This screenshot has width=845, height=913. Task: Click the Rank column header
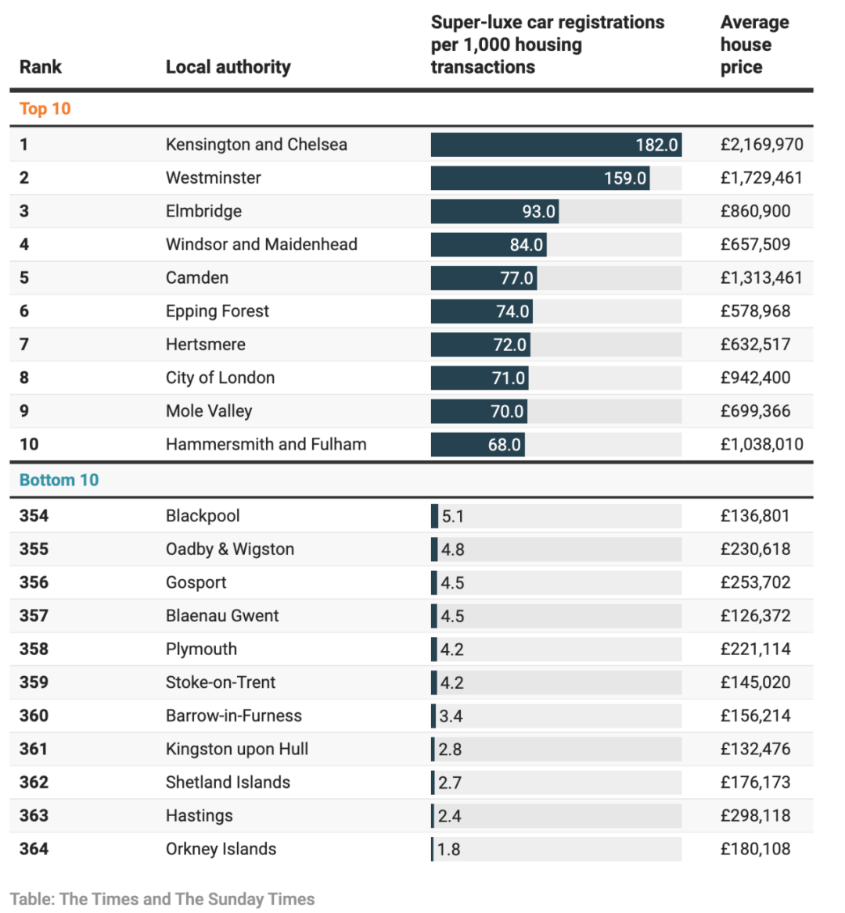40,67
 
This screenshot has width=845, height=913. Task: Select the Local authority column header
228,67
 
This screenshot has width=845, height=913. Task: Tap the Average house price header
755,45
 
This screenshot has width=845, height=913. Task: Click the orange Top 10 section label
45,109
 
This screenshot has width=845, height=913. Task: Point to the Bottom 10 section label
59,480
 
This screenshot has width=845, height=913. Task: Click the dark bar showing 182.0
556,145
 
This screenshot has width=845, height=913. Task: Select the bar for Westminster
540,177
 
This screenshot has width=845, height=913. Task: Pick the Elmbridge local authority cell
203,211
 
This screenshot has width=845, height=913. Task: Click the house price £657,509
755,244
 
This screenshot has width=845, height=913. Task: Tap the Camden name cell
197,277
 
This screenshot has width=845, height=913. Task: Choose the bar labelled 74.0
482,311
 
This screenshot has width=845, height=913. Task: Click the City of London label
221,378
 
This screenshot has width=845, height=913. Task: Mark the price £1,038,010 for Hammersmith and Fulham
761,444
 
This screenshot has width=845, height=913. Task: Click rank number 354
34,516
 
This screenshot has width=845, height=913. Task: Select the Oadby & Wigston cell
230,549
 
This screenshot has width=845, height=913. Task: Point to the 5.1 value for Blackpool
453,517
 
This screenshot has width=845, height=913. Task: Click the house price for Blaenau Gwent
755,615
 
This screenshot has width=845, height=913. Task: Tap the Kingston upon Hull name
237,749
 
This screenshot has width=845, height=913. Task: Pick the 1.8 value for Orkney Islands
449,850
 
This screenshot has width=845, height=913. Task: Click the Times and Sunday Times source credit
162,899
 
